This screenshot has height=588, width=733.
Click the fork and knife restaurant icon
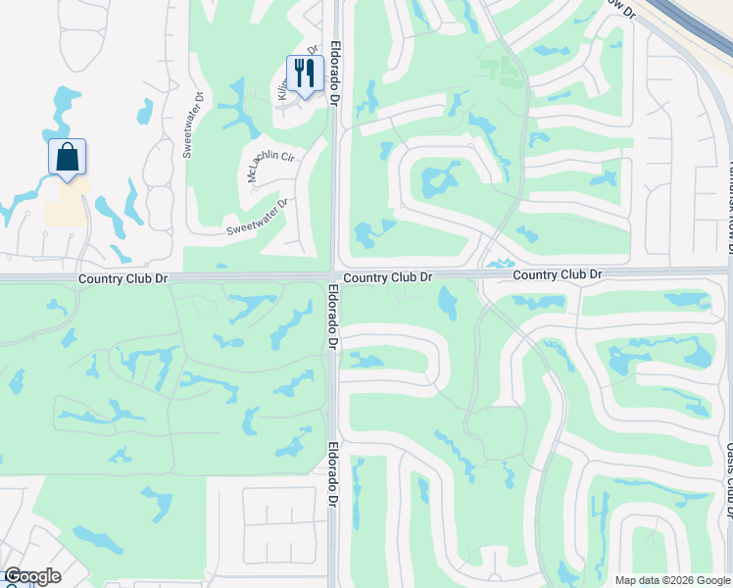tap(305, 73)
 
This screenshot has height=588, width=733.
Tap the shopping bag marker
tap(67, 157)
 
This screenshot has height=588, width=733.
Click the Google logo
tap(31, 576)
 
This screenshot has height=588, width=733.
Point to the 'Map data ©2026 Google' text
tap(671, 580)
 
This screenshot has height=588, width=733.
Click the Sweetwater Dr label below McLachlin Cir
tap(258, 218)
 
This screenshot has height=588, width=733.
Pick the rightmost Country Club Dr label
tap(557, 274)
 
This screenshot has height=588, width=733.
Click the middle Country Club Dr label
tap(389, 277)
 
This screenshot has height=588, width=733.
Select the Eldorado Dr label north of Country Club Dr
tap(335, 73)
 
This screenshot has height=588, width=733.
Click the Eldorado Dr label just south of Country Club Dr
tap(333, 318)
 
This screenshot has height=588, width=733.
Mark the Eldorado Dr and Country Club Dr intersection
tap(334, 275)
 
